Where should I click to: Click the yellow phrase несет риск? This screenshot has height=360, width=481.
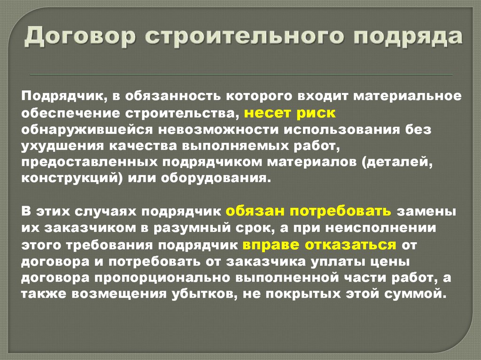point(290,113)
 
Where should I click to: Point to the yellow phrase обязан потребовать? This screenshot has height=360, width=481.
point(308,211)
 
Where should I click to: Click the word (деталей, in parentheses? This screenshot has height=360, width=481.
point(402,162)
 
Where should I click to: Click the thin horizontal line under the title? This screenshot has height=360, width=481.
point(240,75)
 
